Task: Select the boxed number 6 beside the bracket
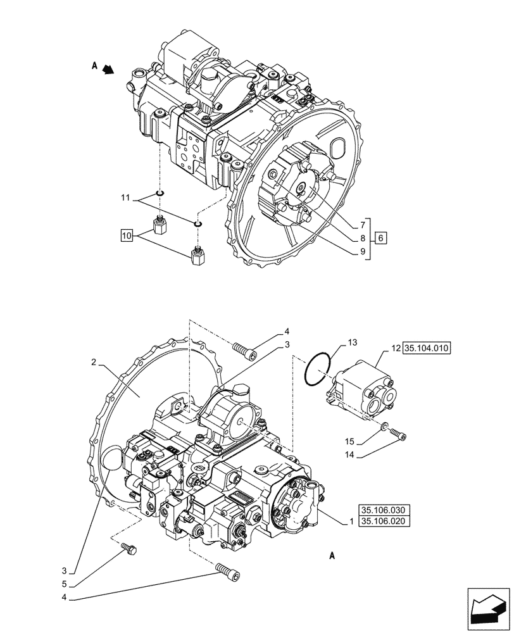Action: [380, 239]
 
